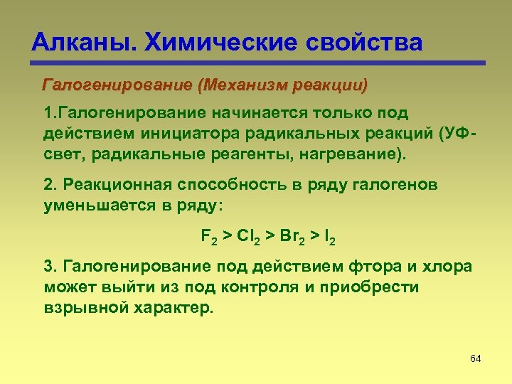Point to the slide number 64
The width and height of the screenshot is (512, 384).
tap(476, 358)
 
